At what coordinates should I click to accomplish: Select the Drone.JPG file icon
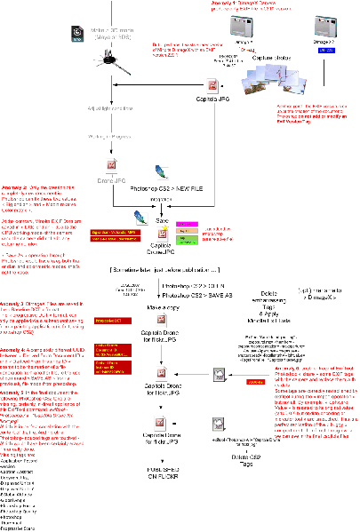coord(110,166)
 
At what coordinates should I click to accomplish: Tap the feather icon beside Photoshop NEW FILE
coord(160,171)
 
